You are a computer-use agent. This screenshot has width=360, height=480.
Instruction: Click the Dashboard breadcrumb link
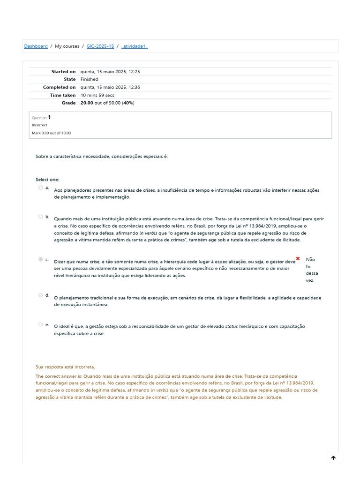click(36, 46)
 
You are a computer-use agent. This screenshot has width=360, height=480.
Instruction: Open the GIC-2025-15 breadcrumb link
click(100, 46)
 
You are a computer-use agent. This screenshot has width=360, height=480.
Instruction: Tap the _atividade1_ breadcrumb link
click(135, 46)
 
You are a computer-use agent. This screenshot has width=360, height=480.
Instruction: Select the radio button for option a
click(41, 188)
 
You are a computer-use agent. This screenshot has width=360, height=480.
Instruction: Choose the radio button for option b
click(41, 217)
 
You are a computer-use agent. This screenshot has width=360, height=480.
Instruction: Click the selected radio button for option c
click(41, 260)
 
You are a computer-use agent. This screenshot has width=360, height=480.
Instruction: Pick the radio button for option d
click(41, 295)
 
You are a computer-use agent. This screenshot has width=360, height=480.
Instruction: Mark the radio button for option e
click(41, 324)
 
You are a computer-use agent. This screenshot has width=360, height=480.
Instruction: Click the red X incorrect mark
click(298, 259)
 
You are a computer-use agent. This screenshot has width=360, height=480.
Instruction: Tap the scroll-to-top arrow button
click(334, 458)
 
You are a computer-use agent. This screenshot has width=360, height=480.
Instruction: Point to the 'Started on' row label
click(63, 72)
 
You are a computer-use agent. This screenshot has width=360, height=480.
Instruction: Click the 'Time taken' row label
click(62, 95)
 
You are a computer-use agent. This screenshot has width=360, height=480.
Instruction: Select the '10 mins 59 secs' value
click(97, 95)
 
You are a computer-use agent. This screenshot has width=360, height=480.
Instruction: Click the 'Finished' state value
click(90, 80)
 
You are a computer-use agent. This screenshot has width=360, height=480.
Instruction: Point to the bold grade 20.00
click(87, 103)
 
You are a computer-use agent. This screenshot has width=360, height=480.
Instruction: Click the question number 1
click(50, 118)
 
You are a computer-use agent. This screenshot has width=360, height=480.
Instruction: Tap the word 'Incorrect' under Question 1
click(39, 125)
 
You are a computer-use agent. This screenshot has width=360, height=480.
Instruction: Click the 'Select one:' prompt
click(47, 180)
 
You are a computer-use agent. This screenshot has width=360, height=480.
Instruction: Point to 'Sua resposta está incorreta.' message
click(65, 367)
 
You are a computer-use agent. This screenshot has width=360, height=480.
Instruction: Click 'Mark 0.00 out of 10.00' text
click(51, 133)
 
